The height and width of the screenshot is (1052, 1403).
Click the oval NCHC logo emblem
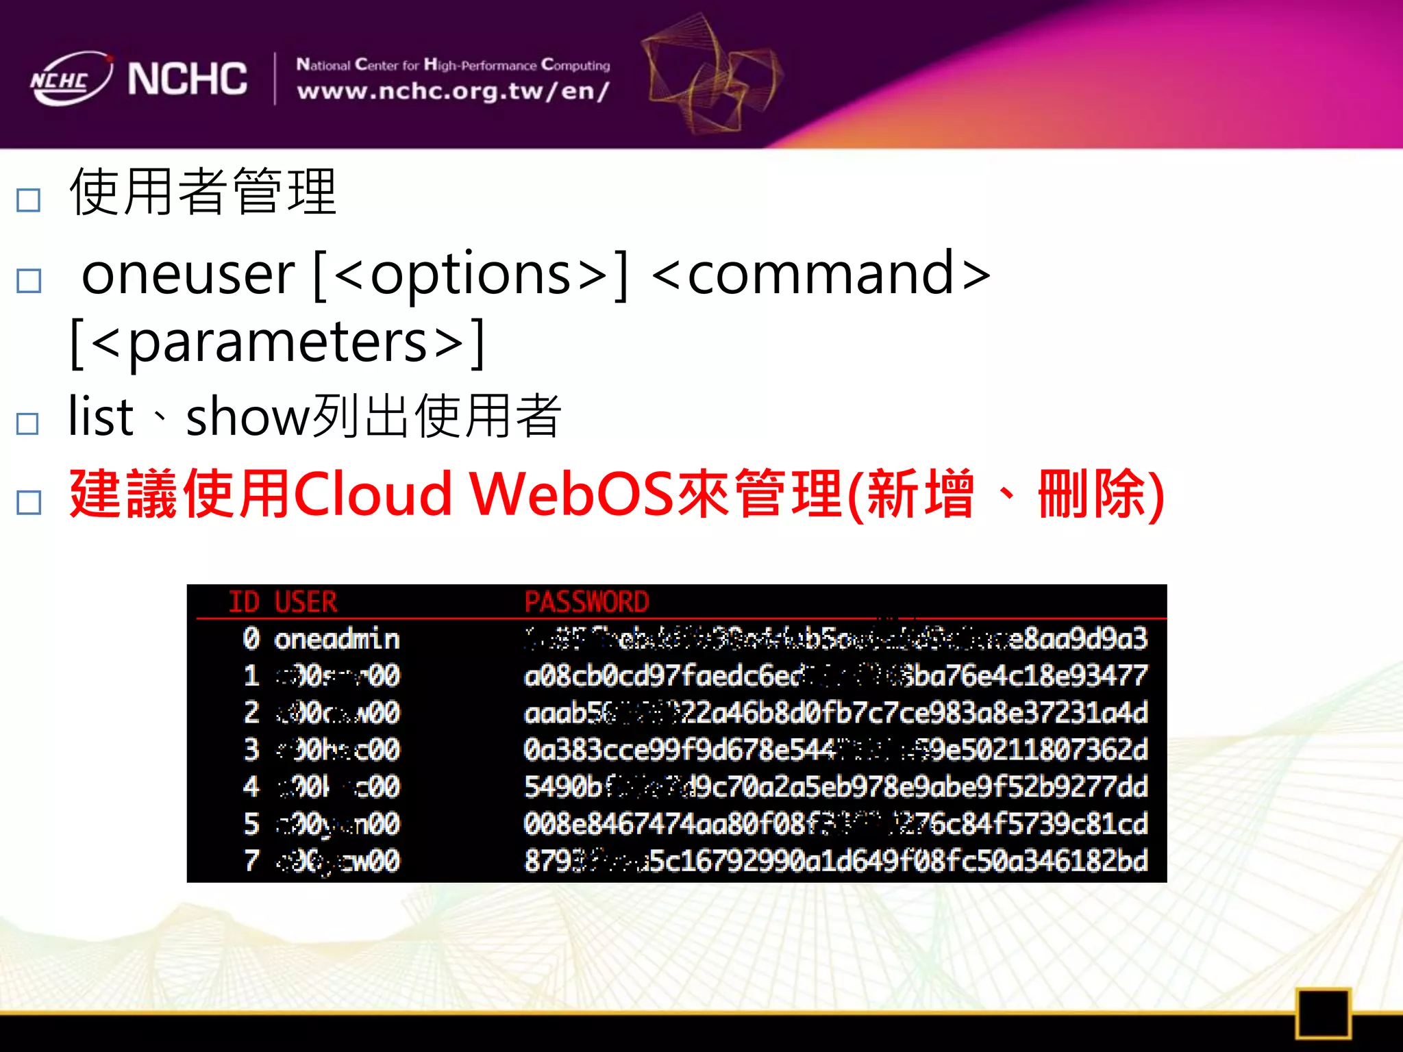pyautogui.click(x=71, y=79)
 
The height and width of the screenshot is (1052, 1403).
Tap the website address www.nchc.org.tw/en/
pyautogui.click(x=453, y=91)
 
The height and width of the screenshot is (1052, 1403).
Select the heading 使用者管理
pyautogui.click(x=203, y=192)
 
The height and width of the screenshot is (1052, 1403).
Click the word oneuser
pyautogui.click(x=188, y=274)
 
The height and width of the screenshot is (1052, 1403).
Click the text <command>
pyautogui.click(x=821, y=274)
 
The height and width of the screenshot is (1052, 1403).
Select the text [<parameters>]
pyautogui.click(x=277, y=342)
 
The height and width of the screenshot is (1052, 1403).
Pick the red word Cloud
pyautogui.click(x=373, y=494)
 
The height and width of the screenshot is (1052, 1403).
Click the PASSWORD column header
pyautogui.click(x=586, y=602)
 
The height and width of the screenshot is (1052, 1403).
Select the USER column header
pyautogui.click(x=306, y=602)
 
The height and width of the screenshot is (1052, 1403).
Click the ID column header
pyautogui.click(x=244, y=602)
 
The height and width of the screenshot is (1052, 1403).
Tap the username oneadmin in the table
pyautogui.click(x=336, y=639)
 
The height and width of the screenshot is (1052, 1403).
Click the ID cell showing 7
pyautogui.click(x=251, y=860)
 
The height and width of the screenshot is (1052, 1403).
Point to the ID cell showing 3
pyautogui.click(x=251, y=749)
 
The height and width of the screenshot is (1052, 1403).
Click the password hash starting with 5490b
pyautogui.click(x=835, y=787)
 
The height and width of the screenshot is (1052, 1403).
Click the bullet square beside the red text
pyautogui.click(x=29, y=502)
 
